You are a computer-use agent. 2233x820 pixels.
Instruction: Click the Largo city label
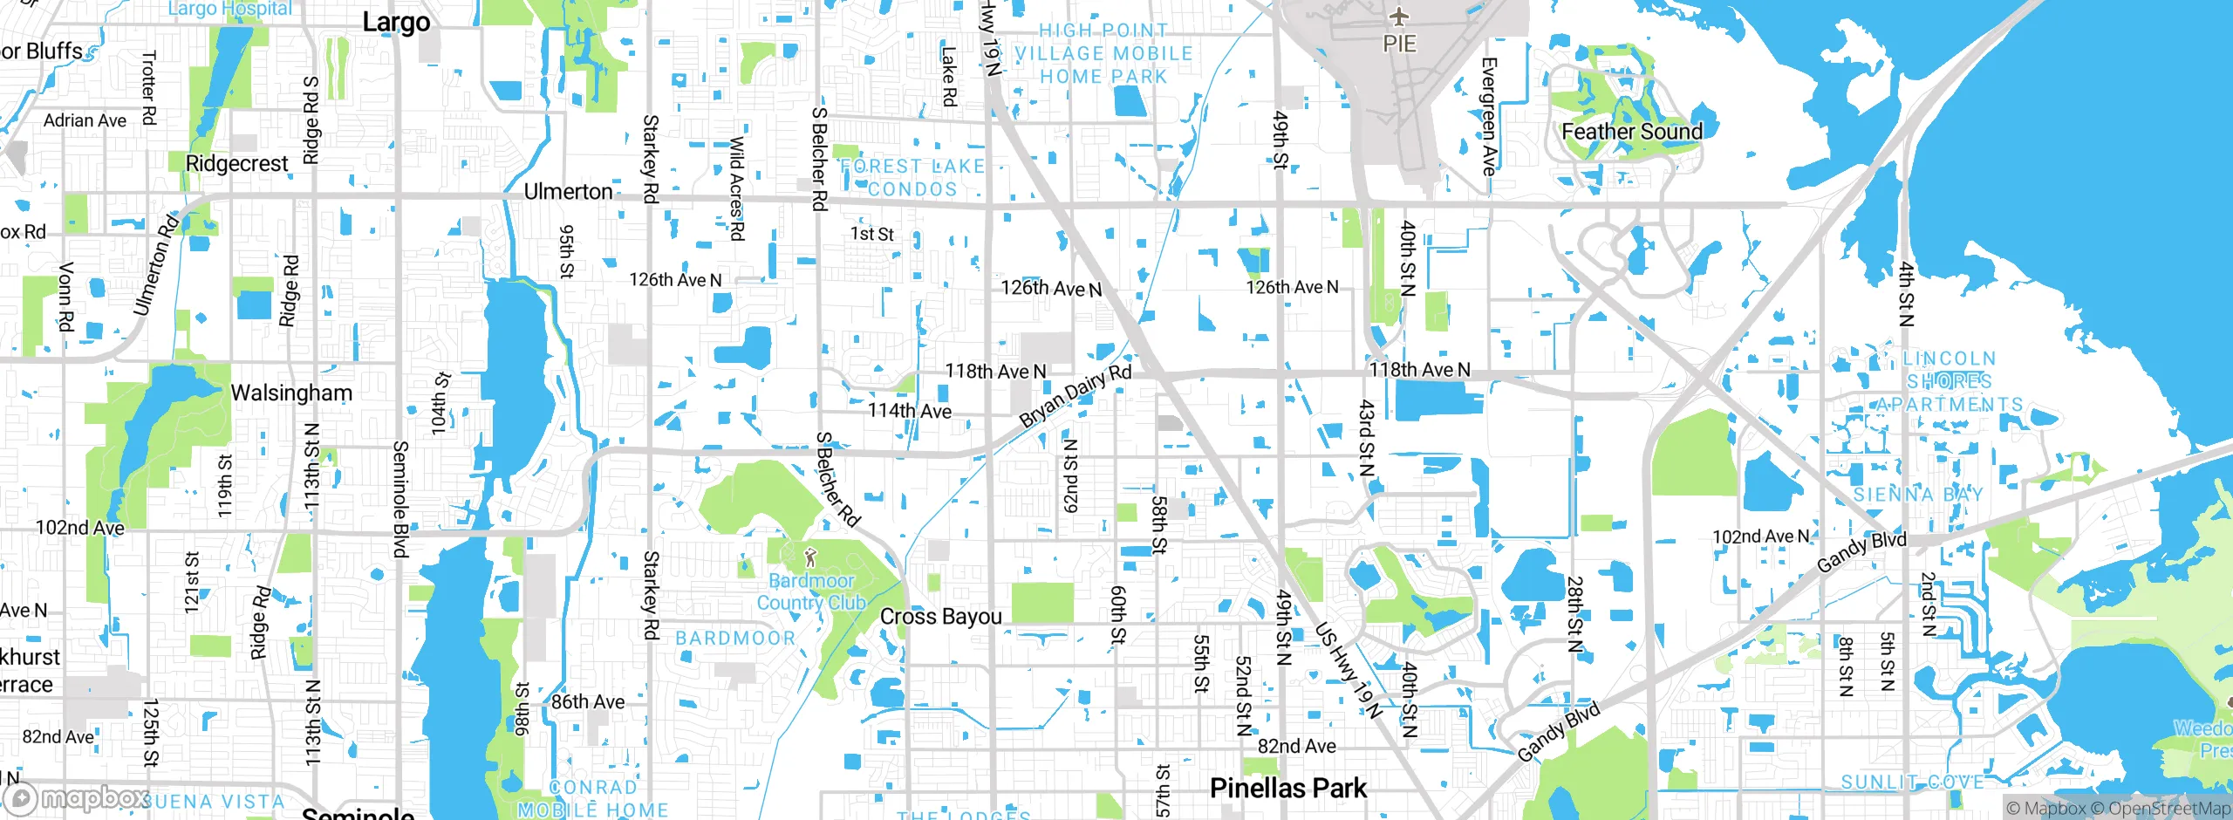point(396,22)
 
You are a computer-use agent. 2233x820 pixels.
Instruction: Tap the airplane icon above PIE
point(1399,17)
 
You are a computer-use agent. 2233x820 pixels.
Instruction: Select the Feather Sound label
point(1631,132)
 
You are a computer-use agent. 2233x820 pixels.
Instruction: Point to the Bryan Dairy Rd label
point(1075,395)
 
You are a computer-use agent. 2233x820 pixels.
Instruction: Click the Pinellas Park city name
point(1287,788)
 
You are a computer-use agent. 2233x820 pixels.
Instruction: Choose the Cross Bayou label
point(940,616)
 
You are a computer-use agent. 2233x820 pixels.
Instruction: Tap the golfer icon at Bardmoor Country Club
point(810,557)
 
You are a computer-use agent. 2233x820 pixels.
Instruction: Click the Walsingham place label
point(291,393)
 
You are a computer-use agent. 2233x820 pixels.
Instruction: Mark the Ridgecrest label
point(236,163)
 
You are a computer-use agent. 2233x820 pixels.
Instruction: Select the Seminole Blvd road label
point(400,499)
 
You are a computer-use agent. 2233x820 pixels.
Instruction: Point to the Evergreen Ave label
point(1489,116)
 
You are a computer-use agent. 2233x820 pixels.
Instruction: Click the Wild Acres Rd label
point(737,188)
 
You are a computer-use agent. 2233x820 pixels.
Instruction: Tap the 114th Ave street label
point(909,411)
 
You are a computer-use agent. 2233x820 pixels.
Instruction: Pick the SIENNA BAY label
point(1918,495)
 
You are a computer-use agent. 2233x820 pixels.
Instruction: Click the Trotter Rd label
point(148,87)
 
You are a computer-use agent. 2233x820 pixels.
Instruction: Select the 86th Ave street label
point(588,701)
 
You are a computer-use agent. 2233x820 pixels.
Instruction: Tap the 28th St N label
point(1574,614)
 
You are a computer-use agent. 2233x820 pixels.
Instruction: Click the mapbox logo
point(77,798)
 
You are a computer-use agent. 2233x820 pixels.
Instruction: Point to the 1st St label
point(871,234)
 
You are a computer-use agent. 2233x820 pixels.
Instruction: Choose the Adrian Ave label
point(85,120)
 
